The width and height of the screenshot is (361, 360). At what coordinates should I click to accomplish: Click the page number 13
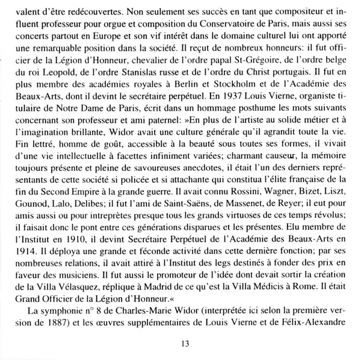click(x=185, y=343)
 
